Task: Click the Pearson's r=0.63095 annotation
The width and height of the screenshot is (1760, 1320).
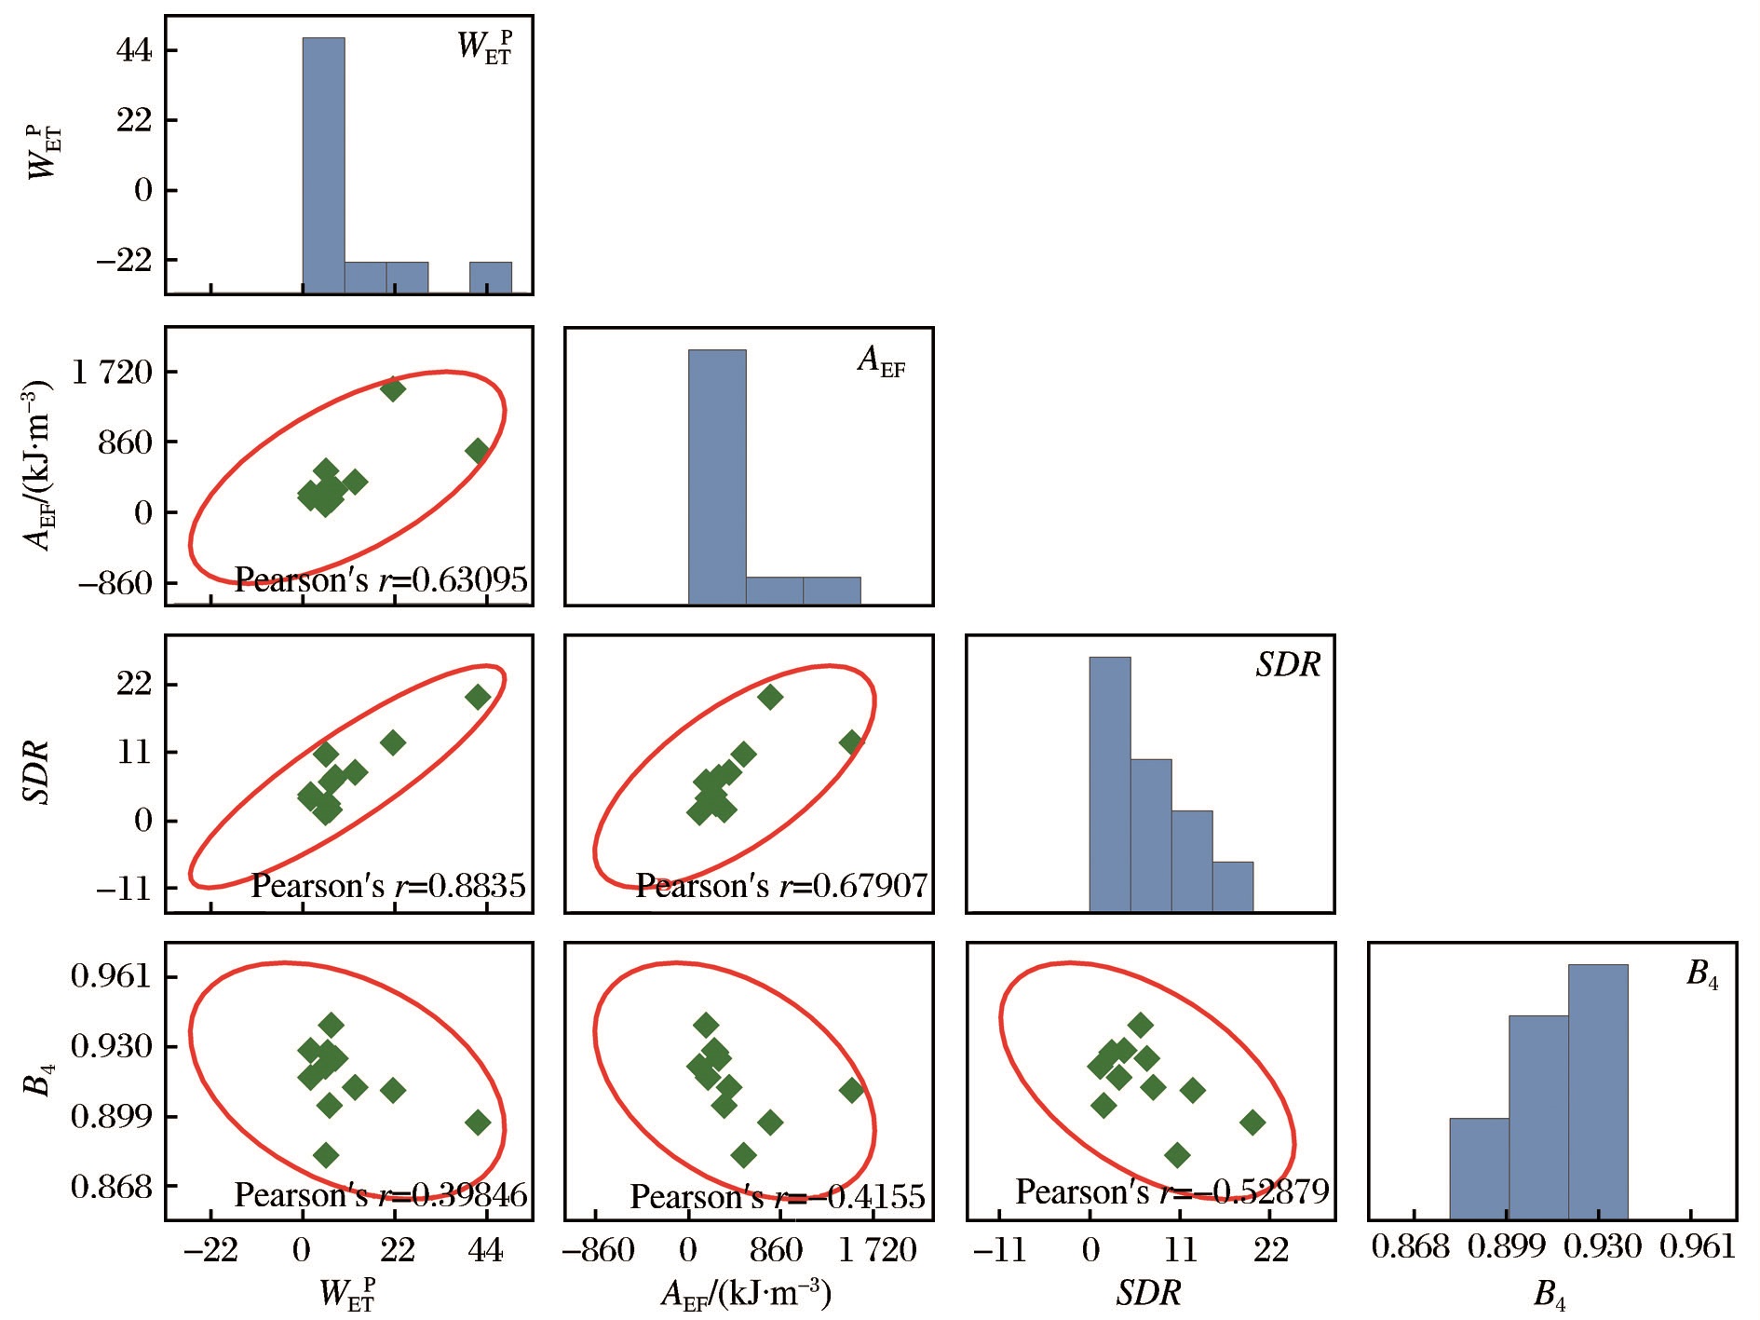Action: pyautogui.click(x=380, y=580)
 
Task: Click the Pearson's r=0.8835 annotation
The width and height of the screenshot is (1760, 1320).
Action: pyautogui.click(x=388, y=885)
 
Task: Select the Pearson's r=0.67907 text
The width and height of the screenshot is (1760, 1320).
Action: pyautogui.click(x=781, y=885)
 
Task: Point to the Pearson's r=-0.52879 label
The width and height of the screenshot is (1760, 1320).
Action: pyautogui.click(x=1171, y=1191)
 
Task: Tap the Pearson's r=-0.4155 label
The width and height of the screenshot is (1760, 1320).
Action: pyautogui.click(x=778, y=1196)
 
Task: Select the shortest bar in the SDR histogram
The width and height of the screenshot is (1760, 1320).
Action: pyautogui.click(x=1232, y=886)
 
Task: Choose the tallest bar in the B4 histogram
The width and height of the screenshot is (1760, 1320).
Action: pyautogui.click(x=1597, y=1091)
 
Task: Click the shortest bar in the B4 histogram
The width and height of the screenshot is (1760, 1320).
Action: pyautogui.click(x=1478, y=1168)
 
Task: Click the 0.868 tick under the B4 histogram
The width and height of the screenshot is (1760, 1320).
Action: pyautogui.click(x=1411, y=1246)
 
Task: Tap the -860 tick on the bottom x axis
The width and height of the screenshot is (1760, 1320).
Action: pyautogui.click(x=598, y=1249)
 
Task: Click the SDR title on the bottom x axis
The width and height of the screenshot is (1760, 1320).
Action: pyautogui.click(x=1148, y=1292)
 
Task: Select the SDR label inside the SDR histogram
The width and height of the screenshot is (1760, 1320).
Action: pyautogui.click(x=1288, y=665)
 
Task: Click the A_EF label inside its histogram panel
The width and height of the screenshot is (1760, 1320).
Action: pyautogui.click(x=880, y=361)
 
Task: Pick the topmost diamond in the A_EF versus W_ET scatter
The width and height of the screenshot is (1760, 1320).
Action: pyautogui.click(x=392, y=388)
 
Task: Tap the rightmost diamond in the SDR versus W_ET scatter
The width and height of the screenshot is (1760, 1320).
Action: pyautogui.click(x=478, y=697)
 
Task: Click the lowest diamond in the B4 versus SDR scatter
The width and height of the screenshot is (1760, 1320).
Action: pyautogui.click(x=1177, y=1155)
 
